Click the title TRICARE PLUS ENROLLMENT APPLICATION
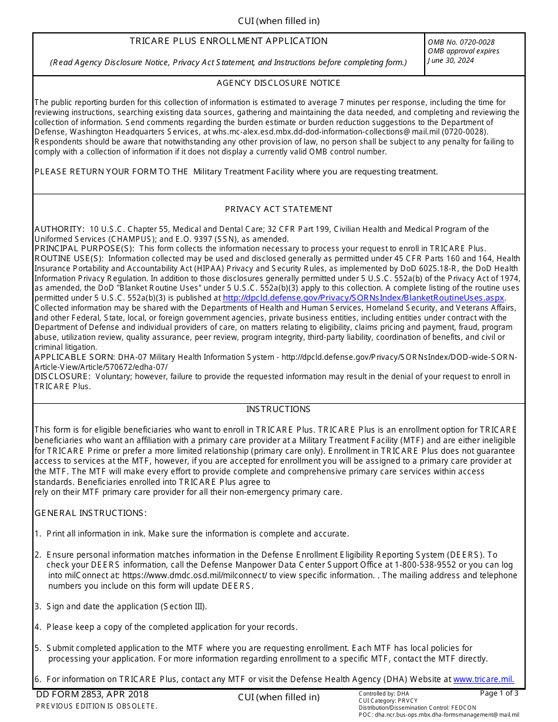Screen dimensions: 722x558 point(228,41)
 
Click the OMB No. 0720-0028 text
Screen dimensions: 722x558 point(461,42)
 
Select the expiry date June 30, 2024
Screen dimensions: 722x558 point(451,60)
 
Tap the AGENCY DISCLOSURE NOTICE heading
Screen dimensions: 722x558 point(278,83)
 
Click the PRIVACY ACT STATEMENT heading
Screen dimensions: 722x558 point(278,209)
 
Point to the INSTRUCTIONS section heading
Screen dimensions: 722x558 point(278,409)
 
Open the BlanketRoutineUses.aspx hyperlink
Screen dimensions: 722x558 point(364,298)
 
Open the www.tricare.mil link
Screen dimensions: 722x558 point(483,679)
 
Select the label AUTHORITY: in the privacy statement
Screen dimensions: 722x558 point(59,229)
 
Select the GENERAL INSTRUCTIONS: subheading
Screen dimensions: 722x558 point(90,513)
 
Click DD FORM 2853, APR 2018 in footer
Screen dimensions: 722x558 point(92,694)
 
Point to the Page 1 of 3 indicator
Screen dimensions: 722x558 point(499,693)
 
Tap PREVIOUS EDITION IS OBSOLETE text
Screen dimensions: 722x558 point(96,706)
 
